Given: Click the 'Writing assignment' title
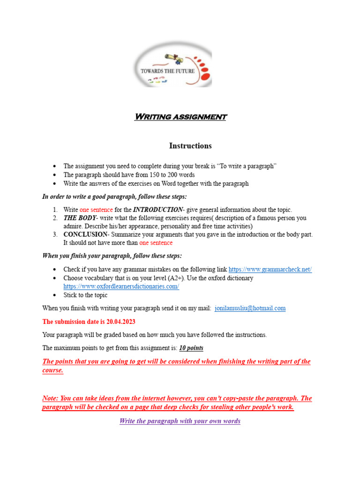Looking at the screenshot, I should [x=180, y=117].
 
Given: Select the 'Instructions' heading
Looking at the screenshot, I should [x=190, y=146].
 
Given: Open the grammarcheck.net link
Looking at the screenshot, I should [x=270, y=270].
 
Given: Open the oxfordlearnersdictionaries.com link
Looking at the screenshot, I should [x=121, y=286].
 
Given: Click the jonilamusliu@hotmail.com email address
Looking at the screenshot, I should [x=250, y=308].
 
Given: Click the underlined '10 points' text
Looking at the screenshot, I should [x=191, y=348].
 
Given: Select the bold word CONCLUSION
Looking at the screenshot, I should [x=85, y=234].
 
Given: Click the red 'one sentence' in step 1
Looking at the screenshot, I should [x=97, y=210].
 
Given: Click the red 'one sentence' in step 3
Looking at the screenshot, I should [x=156, y=243].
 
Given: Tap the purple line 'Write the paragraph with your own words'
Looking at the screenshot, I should [x=180, y=421].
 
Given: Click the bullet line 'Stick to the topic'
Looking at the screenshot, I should [x=85, y=295].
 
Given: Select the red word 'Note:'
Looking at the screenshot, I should [x=51, y=398].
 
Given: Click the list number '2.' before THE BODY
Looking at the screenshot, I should [x=55, y=218].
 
